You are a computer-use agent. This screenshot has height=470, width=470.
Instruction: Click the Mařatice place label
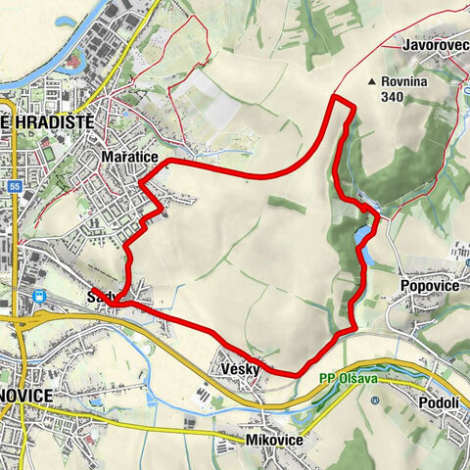pos(123,157)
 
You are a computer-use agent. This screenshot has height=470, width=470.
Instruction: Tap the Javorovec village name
pos(435,45)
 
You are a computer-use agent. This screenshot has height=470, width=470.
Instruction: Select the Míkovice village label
pos(273,441)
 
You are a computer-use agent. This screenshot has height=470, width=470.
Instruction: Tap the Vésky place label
pos(240,368)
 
